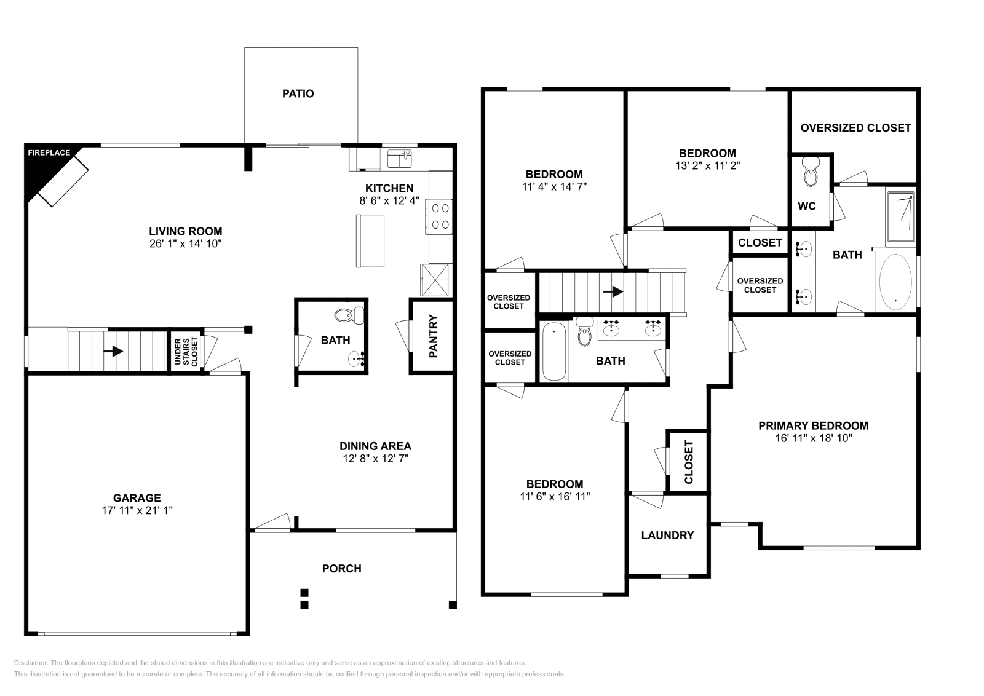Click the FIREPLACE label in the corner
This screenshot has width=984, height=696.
(x=49, y=153)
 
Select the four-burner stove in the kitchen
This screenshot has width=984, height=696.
(x=439, y=216)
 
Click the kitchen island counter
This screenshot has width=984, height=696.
(x=370, y=240)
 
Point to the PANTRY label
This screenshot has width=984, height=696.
(x=433, y=336)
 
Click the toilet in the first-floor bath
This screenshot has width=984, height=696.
(x=349, y=315)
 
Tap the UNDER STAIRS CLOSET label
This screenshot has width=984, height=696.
(x=186, y=352)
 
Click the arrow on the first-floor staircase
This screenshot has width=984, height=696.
(x=113, y=351)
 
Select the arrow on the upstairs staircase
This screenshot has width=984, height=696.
(x=613, y=291)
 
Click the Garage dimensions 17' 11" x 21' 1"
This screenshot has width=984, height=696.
(x=137, y=510)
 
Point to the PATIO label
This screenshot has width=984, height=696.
(x=298, y=93)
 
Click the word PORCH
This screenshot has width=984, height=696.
(x=342, y=569)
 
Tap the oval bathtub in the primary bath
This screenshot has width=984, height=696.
(x=895, y=282)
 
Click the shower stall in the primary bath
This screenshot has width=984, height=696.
(x=900, y=216)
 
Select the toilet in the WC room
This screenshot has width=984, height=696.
(x=811, y=172)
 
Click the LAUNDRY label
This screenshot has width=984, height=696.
(x=667, y=536)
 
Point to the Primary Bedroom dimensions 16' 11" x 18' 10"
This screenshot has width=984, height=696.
(x=814, y=438)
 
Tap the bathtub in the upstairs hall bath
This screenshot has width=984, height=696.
(x=554, y=351)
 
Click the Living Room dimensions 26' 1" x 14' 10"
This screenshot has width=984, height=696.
(x=185, y=243)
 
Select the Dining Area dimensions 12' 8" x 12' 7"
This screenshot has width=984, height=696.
(x=376, y=459)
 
